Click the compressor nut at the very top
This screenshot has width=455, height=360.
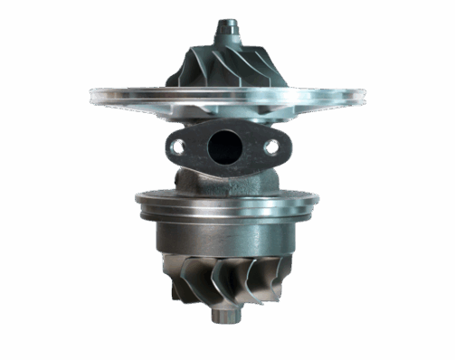tap(223, 26)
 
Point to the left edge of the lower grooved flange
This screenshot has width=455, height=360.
tap(137, 201)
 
